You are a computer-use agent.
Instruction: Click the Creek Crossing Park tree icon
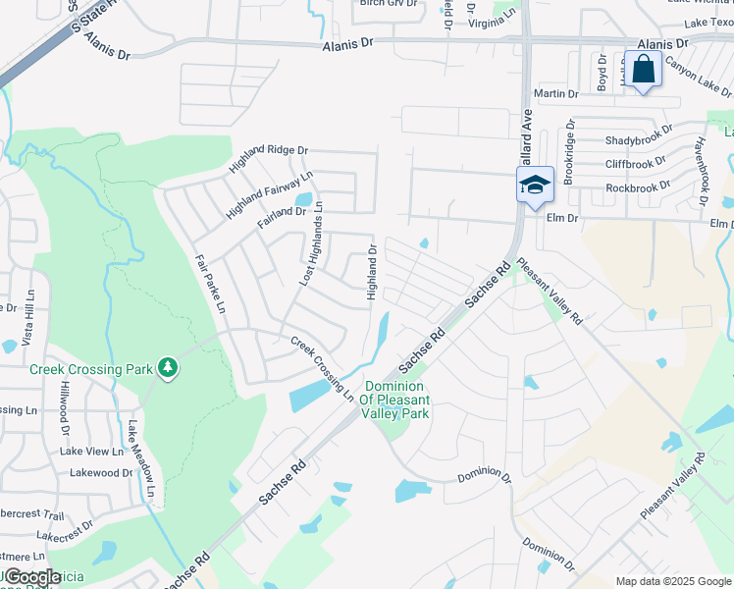point(169,368)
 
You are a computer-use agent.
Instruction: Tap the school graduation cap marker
point(535,184)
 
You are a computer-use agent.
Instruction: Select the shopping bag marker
point(643,70)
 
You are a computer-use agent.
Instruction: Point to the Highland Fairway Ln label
point(269,194)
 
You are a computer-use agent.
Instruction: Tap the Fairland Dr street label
point(282,216)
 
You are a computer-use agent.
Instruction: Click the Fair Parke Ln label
point(210,285)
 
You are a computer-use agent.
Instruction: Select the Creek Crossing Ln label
point(322,369)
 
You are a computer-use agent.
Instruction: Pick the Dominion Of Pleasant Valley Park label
point(396,401)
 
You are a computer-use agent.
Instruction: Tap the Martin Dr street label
point(555,93)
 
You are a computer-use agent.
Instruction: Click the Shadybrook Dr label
point(639,140)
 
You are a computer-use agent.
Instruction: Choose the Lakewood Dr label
point(100,472)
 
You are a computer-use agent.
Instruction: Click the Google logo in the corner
point(32,577)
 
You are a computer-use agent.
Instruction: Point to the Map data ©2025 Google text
point(672,581)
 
